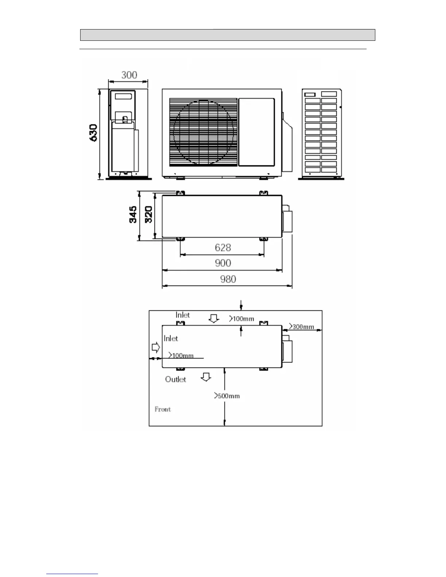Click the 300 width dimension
click(129, 75)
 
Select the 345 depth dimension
click(133, 215)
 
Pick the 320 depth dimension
click(149, 215)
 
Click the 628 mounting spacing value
click(223, 248)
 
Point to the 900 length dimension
click(223, 263)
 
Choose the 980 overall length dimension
click(228, 279)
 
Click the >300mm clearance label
click(301, 326)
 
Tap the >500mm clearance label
click(227, 396)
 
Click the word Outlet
click(175, 379)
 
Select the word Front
click(163, 409)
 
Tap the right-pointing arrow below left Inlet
click(156, 348)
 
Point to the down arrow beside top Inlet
click(214, 319)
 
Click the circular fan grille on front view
click(203, 132)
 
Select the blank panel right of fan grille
click(256, 132)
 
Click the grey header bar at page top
click(227, 35)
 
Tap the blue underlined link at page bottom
click(72, 574)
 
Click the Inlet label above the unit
click(183, 315)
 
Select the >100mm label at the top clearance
click(242, 319)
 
